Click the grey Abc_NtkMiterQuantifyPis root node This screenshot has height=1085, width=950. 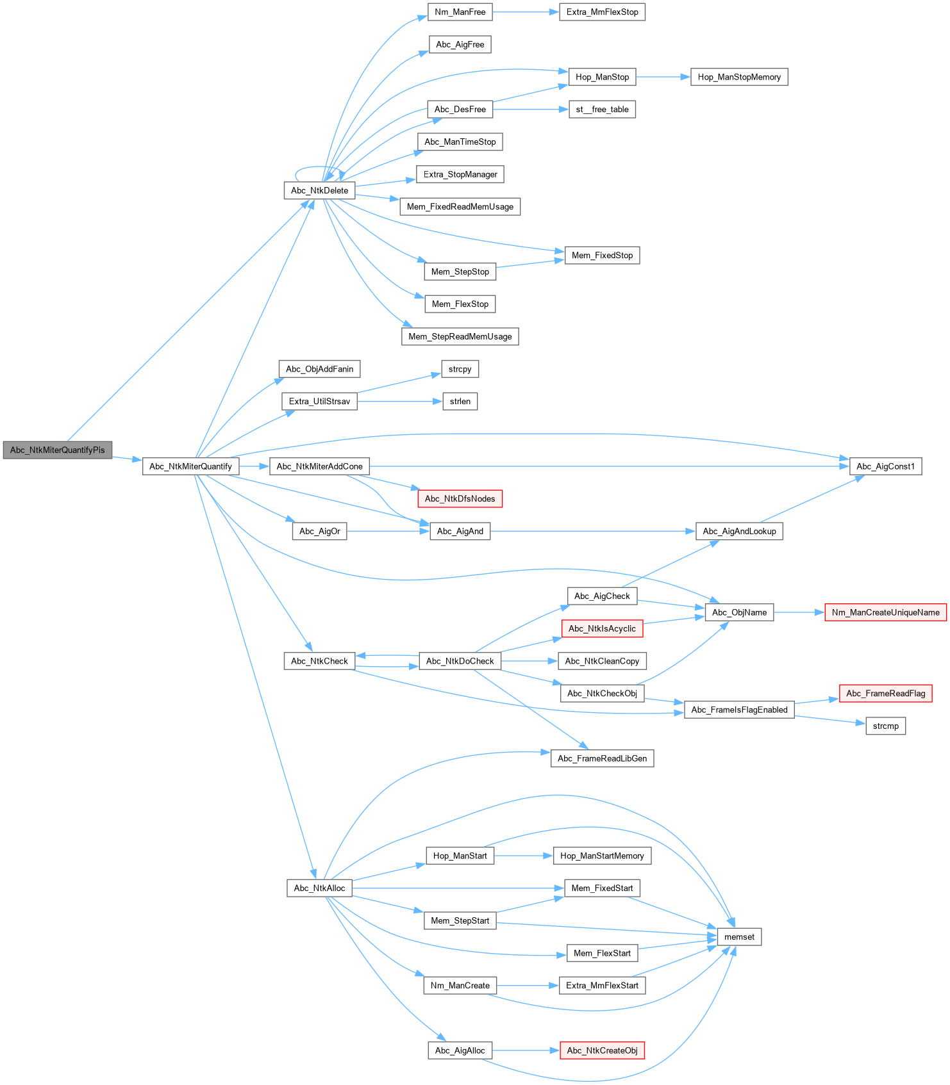coord(58,450)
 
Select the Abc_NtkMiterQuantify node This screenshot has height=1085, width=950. coord(190,466)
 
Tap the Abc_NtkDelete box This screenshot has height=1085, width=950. coord(319,190)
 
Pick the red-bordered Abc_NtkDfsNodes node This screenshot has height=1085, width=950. coord(460,499)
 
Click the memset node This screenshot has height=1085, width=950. coord(739,937)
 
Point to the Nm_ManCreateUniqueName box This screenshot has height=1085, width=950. coord(885,612)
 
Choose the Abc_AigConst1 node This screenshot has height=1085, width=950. coord(885,466)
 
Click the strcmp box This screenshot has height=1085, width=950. coord(885,726)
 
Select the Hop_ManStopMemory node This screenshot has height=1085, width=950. coord(738,77)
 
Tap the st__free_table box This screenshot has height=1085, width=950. coord(602,110)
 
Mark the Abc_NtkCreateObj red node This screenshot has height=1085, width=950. coord(602,1050)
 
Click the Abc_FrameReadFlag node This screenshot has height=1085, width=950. coord(885,694)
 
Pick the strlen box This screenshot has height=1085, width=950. coord(460,402)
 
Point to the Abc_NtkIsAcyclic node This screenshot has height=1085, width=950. coord(602,628)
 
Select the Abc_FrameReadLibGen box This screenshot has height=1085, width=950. coord(602,758)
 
